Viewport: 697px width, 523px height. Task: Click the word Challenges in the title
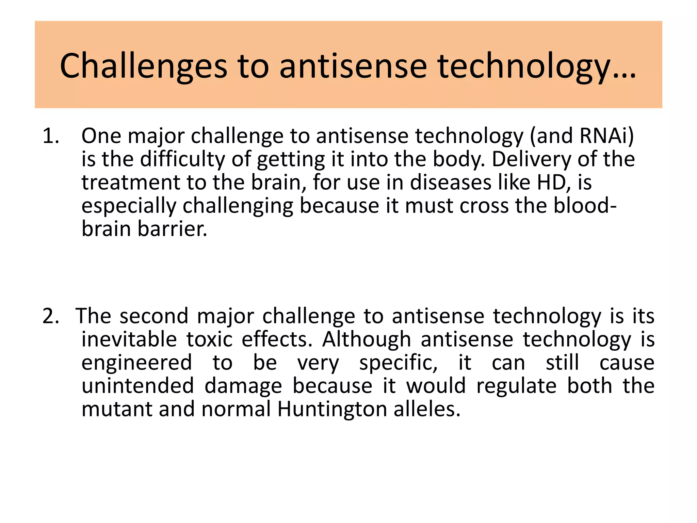[x=143, y=66]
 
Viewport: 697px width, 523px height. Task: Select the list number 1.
[x=51, y=136]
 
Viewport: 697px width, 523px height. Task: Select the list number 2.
[x=51, y=316]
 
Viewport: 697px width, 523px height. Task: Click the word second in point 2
[x=154, y=316]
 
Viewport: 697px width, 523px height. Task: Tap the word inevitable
[x=129, y=339]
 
